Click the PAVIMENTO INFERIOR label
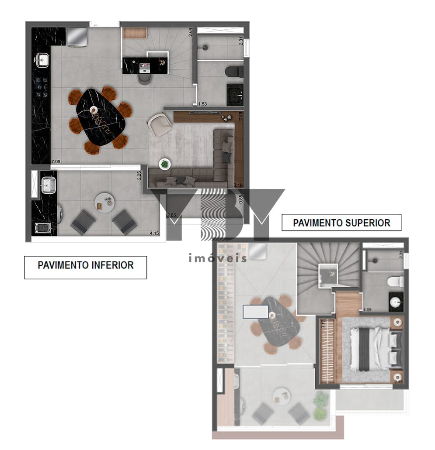(85, 265)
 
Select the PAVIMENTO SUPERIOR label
(341, 223)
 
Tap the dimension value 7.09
(56, 161)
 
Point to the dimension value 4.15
(154, 234)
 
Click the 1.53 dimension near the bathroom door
(203, 104)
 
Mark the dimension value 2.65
(171, 215)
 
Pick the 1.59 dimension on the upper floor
(368, 310)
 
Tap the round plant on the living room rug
(164, 164)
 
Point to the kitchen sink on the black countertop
(42, 59)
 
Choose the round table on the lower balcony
(105, 202)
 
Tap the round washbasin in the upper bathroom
(397, 302)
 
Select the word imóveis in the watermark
(217, 258)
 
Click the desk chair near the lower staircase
(145, 78)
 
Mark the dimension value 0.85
(240, 199)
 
